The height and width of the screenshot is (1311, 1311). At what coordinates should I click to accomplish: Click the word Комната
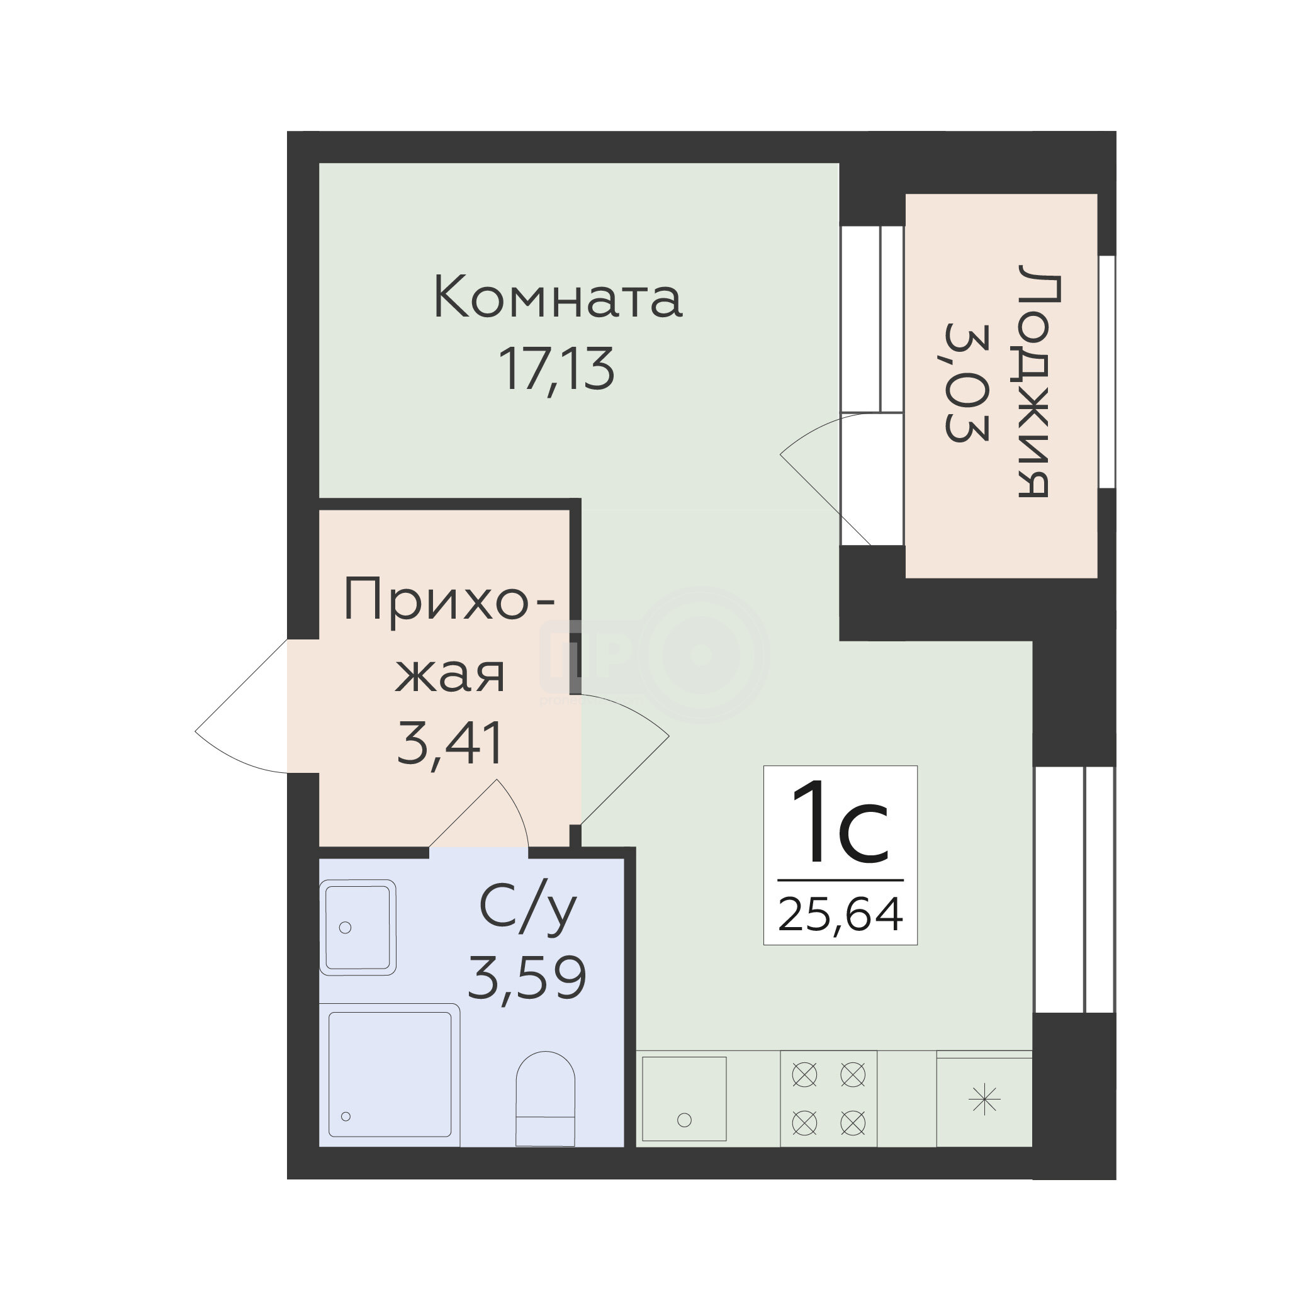[557, 296]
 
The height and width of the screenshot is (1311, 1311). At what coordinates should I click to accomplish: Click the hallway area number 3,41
[449, 743]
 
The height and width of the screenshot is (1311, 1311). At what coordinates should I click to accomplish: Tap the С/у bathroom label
[528, 909]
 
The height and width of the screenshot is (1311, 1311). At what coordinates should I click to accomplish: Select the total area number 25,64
[840, 914]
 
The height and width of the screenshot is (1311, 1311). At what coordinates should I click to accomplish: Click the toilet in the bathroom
[546, 1099]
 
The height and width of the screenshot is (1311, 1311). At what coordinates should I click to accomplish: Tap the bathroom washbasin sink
[357, 927]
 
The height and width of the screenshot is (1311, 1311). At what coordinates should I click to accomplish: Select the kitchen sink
[684, 1099]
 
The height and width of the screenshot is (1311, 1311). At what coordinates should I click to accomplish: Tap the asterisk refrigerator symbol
[984, 1100]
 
